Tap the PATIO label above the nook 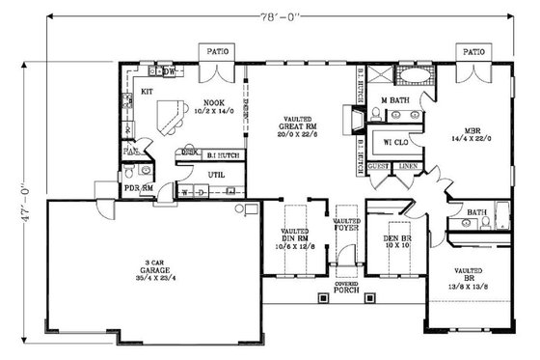point(215,50)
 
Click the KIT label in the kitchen point(148,92)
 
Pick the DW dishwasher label point(169,71)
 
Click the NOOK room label point(214,102)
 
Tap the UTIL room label point(216,174)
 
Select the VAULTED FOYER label point(345,227)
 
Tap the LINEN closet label point(407,166)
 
